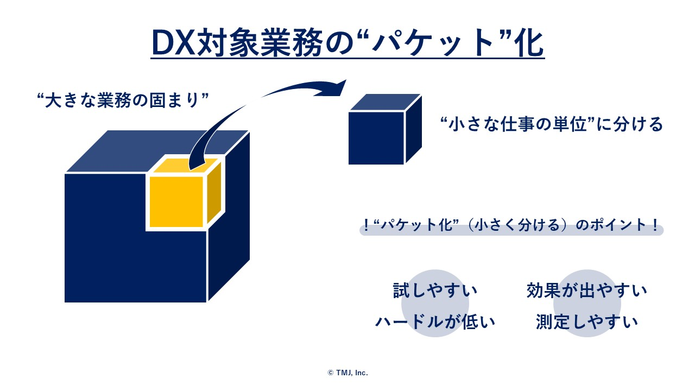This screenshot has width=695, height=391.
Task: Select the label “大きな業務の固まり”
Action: pos(122,101)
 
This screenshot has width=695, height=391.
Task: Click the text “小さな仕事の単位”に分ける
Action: pos(552,125)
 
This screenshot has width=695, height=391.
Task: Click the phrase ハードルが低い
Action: pos(435,322)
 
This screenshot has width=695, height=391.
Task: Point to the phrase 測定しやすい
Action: pos(587,322)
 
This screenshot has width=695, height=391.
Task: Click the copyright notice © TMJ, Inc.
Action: pos(347,373)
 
